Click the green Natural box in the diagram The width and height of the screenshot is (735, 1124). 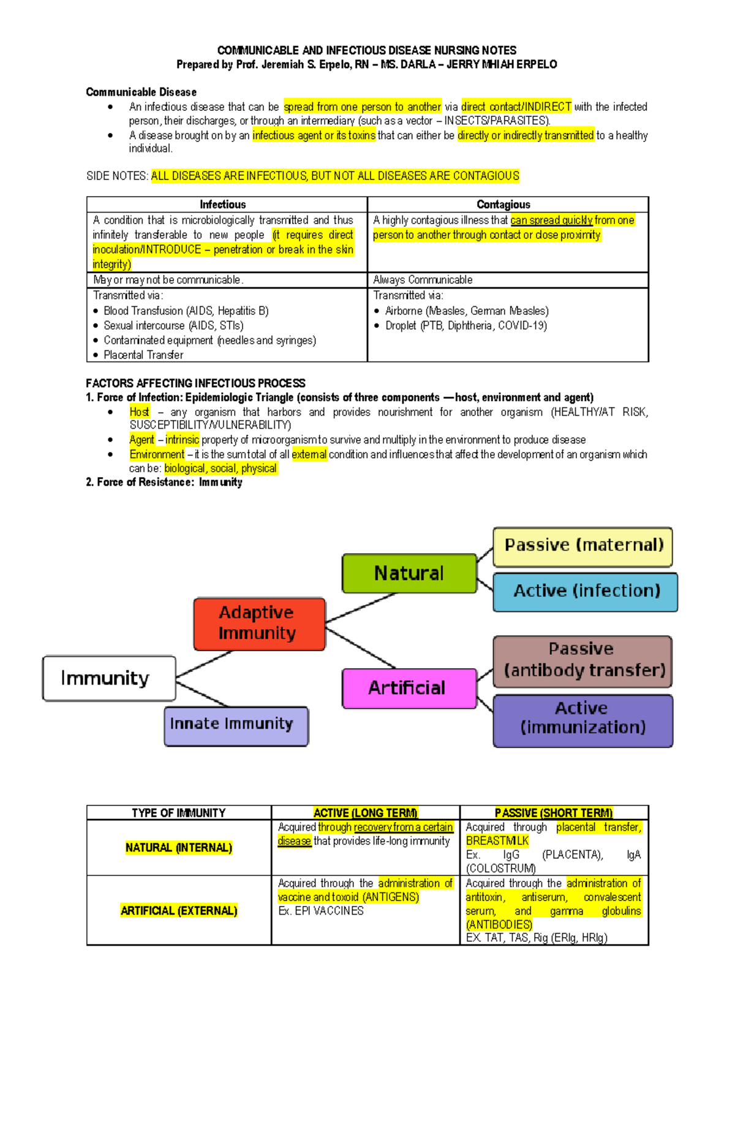409,573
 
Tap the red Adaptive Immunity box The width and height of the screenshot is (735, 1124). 259,624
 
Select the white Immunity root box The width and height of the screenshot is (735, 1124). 109,678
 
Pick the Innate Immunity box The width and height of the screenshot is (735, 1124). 236,726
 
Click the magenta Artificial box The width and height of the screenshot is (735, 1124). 409,688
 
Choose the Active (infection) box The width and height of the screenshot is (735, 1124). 585,592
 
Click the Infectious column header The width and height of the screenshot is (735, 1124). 223,205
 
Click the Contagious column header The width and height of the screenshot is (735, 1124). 503,205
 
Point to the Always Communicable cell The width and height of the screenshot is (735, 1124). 423,280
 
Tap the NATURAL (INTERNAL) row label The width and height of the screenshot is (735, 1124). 179,848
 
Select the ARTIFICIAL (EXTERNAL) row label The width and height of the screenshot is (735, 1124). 179,911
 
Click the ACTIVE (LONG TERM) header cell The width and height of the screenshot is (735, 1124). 365,813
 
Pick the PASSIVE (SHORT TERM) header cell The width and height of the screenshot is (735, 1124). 554,813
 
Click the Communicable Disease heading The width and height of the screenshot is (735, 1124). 141,92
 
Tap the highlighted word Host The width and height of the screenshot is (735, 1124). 139,412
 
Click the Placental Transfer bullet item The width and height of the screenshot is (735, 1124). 143,355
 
